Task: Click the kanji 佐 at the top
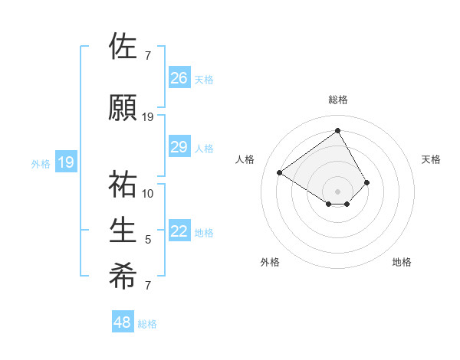coord(123,47)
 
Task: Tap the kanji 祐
coord(123,185)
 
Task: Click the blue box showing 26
coord(179,77)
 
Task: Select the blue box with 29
coord(179,147)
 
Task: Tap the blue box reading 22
coord(179,231)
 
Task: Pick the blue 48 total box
coord(123,322)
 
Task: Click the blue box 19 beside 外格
coord(66,162)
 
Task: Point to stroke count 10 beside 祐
coord(148,193)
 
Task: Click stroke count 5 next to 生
coord(148,240)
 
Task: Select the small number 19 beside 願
coord(148,116)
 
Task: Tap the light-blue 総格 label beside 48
coord(147,324)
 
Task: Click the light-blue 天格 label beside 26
coord(204,79)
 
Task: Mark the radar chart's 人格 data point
coord(280,172)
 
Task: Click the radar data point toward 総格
coord(337,131)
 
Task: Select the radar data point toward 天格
coord(367,182)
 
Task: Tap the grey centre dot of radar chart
coord(337,190)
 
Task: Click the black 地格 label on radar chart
coord(402,262)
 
